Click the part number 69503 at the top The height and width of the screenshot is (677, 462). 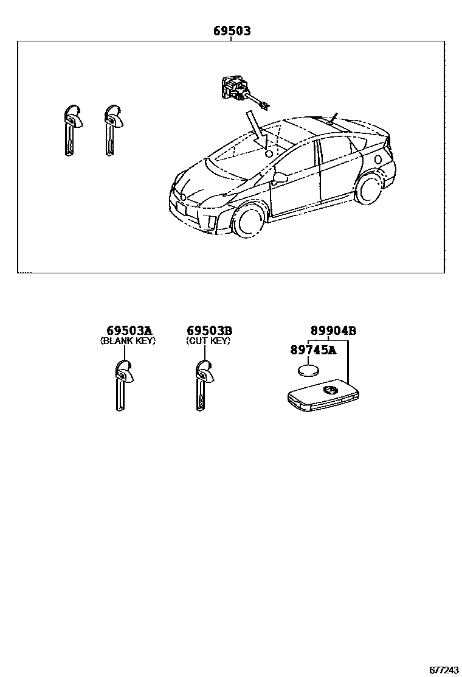pos(232,31)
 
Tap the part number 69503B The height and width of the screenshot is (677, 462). pos(209,331)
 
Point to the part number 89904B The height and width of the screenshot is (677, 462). pos(333,331)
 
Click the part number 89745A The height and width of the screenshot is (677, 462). pos(313,349)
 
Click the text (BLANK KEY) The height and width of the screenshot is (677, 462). pos(128,341)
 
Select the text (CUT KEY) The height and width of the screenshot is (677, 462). pos(209,341)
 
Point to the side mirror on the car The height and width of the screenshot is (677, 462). pos(281,178)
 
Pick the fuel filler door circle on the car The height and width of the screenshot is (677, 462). pos(378,160)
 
